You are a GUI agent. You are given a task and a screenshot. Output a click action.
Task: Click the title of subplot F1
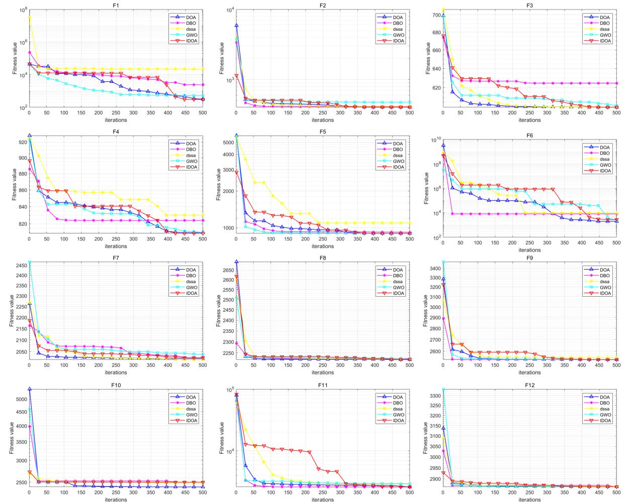point(116,5)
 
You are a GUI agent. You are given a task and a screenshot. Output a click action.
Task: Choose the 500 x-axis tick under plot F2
point(409,114)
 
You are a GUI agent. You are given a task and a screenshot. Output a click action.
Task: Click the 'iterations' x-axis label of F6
point(529,250)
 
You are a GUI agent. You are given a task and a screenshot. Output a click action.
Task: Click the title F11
point(322,385)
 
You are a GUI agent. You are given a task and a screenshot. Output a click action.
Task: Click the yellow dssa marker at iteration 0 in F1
point(29,18)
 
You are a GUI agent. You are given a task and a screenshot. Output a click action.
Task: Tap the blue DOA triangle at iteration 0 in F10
point(29,389)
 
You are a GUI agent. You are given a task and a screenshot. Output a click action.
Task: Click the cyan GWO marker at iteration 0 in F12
point(443,390)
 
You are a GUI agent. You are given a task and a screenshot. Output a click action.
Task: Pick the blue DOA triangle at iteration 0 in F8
point(236,262)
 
